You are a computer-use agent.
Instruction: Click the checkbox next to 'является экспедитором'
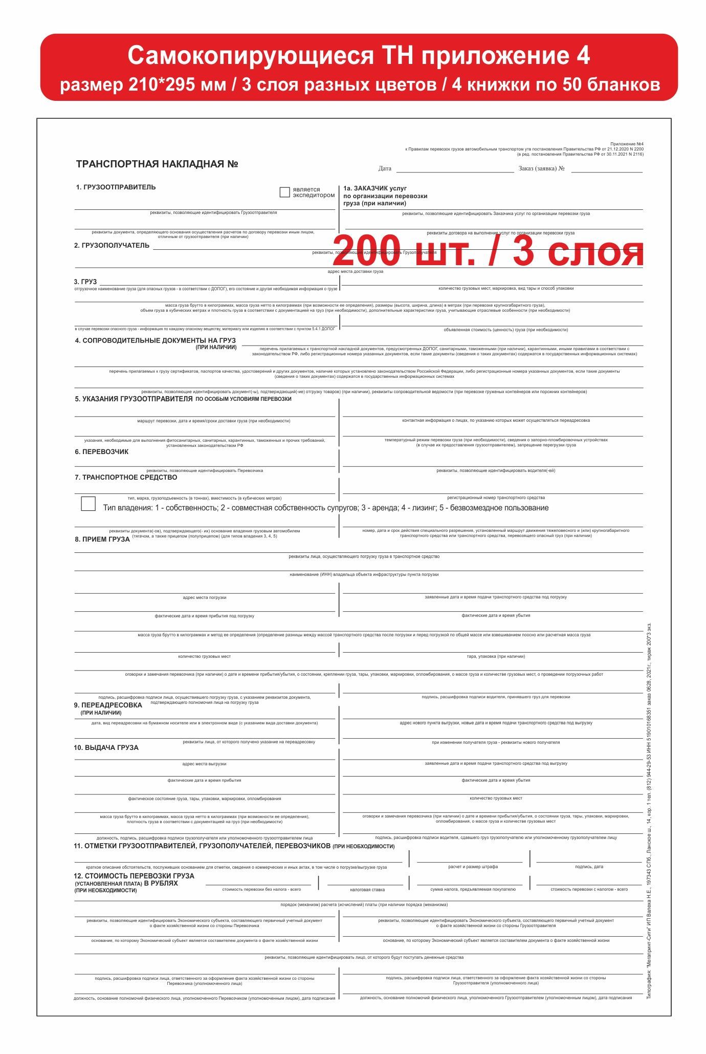[285, 192]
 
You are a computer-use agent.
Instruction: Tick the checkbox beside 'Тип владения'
[89, 504]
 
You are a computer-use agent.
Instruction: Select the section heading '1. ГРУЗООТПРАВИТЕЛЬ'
[116, 187]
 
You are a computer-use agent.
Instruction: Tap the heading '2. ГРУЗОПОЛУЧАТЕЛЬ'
[112, 246]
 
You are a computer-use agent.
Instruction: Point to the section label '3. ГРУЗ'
[85, 282]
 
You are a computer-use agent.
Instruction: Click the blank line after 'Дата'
[455, 169]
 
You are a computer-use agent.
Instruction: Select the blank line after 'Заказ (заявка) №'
[607, 169]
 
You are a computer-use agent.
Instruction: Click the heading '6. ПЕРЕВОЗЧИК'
[102, 452]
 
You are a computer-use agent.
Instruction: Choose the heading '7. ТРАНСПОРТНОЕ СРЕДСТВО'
[126, 478]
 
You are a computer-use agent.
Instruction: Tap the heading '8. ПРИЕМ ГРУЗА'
[102, 539]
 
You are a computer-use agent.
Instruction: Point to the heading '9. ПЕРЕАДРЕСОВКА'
[108, 705]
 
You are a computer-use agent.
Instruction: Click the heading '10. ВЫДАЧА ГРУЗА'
[106, 747]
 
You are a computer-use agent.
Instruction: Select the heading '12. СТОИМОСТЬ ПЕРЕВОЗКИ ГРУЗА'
[134, 876]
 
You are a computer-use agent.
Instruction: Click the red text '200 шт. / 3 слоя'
[488, 251]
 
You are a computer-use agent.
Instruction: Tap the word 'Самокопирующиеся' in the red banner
[250, 55]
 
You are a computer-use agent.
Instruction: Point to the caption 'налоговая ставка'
[367, 890]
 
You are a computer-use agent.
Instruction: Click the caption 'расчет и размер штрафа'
[473, 867]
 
